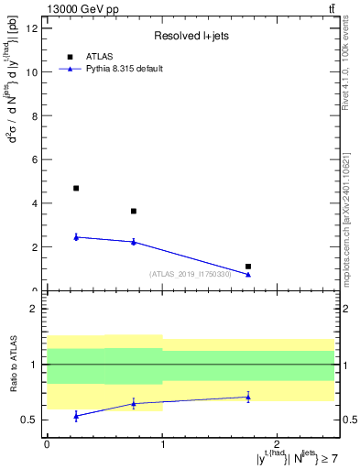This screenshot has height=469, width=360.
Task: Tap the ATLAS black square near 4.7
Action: coord(76,188)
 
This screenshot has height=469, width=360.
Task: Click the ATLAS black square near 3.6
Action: coord(134,211)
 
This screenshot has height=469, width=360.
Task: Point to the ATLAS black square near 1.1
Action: coord(248,267)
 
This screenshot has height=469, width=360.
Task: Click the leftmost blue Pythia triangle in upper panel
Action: coord(76,237)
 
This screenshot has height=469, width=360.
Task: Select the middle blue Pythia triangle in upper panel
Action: coord(134,242)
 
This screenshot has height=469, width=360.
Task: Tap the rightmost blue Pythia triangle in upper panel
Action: coord(248,274)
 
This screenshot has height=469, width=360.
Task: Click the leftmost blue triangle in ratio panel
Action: coord(76,416)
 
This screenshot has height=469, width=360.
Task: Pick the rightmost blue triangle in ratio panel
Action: coord(248,397)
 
